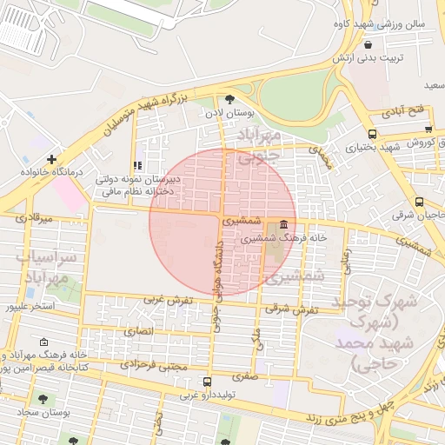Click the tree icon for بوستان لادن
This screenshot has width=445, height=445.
pos(229,99)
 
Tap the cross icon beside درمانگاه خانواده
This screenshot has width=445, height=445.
pos(53,159)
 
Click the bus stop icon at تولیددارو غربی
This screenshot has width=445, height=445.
pos(207,382)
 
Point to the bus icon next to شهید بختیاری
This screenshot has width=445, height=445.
pos(372,134)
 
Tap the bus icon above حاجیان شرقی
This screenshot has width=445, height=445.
pos(420,201)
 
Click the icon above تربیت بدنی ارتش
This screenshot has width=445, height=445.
pos(369,45)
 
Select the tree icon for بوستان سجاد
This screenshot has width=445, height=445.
pos(43,399)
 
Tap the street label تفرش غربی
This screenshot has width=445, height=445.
pos(167,300)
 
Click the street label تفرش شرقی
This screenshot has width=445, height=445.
pos(289,309)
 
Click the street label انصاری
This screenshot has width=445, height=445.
pos(137,331)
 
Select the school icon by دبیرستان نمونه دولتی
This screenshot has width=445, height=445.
pos(136,164)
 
